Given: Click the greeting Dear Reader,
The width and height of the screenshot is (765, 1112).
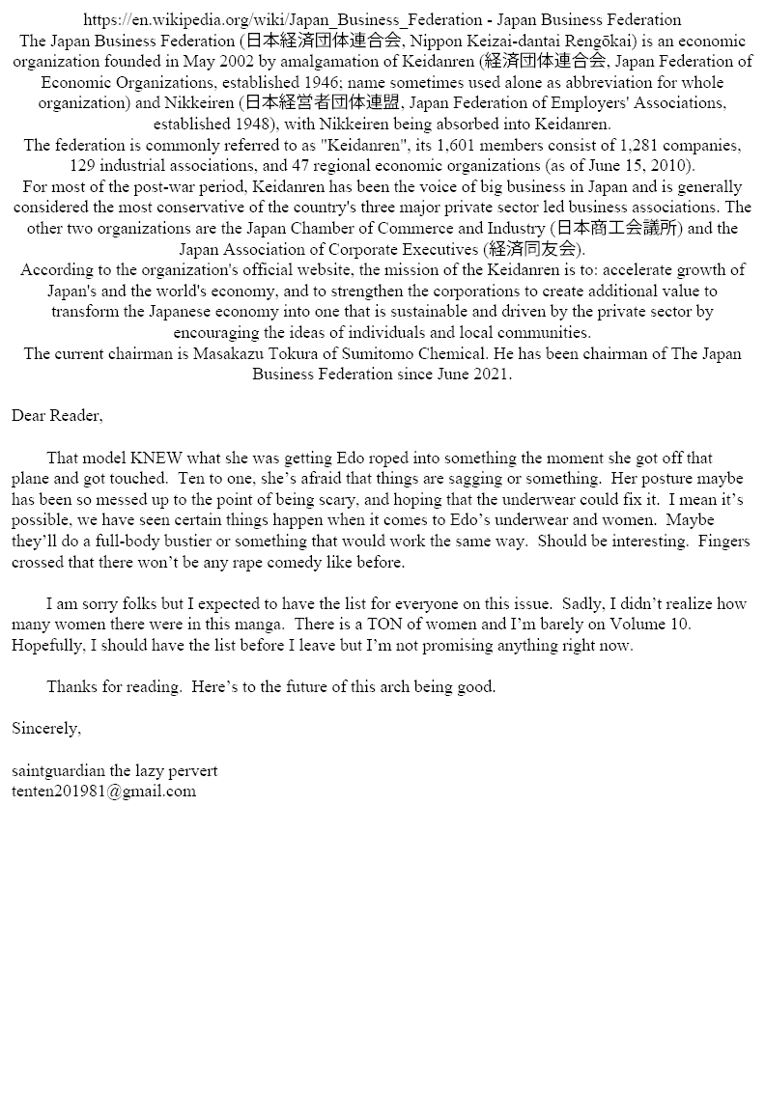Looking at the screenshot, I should pyautogui.click(x=57, y=416).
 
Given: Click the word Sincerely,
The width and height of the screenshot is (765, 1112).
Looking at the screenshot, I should pyautogui.click(x=46, y=729).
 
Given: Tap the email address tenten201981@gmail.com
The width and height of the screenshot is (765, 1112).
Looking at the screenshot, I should pyautogui.click(x=103, y=792).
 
